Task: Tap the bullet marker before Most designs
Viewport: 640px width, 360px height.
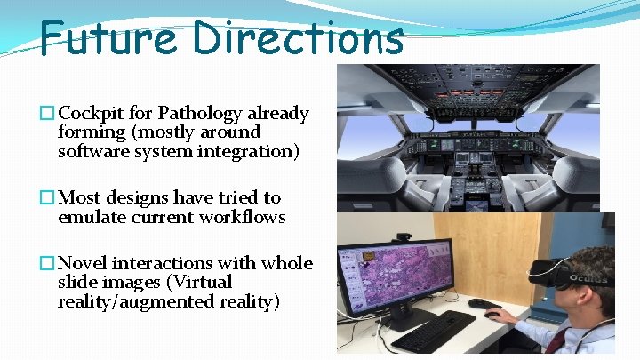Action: [46, 198]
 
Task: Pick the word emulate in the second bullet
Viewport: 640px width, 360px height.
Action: [89, 217]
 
